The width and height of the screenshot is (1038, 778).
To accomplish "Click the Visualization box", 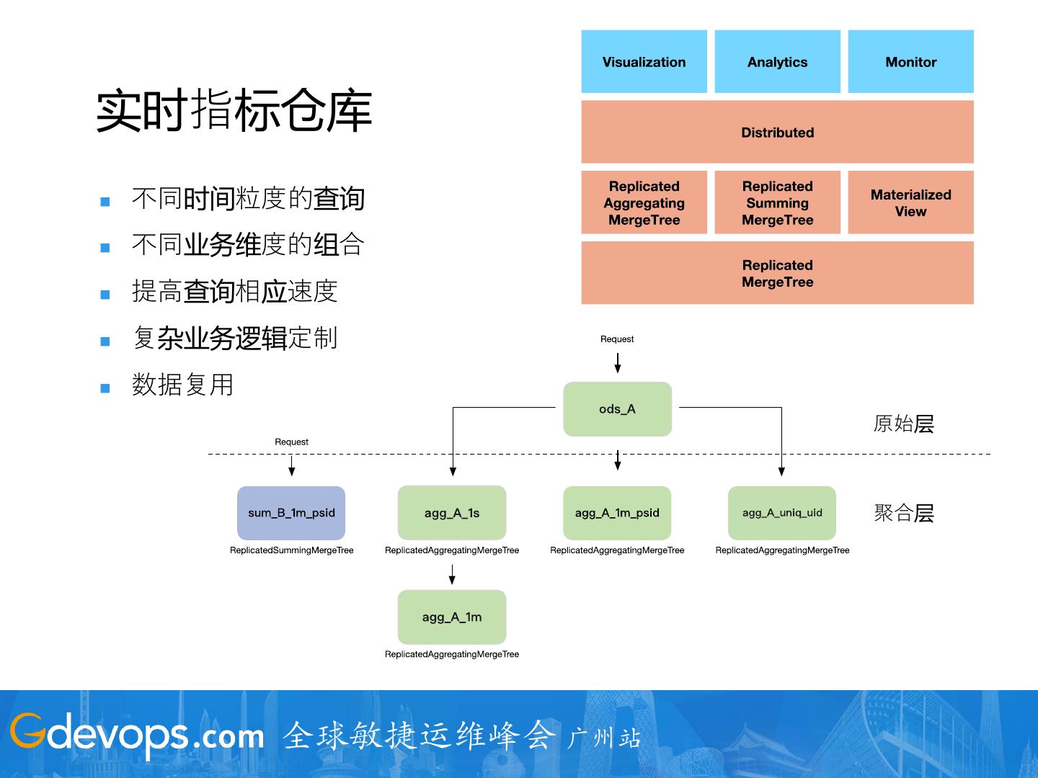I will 644,62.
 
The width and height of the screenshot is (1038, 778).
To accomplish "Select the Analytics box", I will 777,62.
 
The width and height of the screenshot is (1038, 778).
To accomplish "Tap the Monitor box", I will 910,62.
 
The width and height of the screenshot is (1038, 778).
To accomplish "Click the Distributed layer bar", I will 777,133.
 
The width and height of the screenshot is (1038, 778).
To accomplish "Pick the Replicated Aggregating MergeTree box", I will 644,202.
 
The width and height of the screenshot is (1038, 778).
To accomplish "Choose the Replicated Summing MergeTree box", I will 777,202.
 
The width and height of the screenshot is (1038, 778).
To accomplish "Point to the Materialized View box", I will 910,202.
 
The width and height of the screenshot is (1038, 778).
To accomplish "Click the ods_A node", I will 617,409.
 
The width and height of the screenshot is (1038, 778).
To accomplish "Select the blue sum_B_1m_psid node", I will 291,513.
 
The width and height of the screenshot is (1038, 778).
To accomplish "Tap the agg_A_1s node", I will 452,513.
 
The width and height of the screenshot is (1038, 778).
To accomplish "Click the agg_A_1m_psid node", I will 617,513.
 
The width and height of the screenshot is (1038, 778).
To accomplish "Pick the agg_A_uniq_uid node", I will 782,513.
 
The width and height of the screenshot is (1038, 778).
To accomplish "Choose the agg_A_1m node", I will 452,617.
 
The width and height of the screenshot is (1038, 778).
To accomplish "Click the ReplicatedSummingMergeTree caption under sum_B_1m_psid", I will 291,550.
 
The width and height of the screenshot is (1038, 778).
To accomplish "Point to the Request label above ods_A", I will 617,339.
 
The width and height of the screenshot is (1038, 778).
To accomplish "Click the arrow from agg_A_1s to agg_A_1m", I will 452,574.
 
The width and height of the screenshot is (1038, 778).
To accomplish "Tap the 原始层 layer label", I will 903,424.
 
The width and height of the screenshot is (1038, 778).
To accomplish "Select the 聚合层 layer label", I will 903,513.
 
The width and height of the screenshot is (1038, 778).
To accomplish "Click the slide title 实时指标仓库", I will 234,111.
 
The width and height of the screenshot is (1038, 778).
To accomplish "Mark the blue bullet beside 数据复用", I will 105,388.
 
